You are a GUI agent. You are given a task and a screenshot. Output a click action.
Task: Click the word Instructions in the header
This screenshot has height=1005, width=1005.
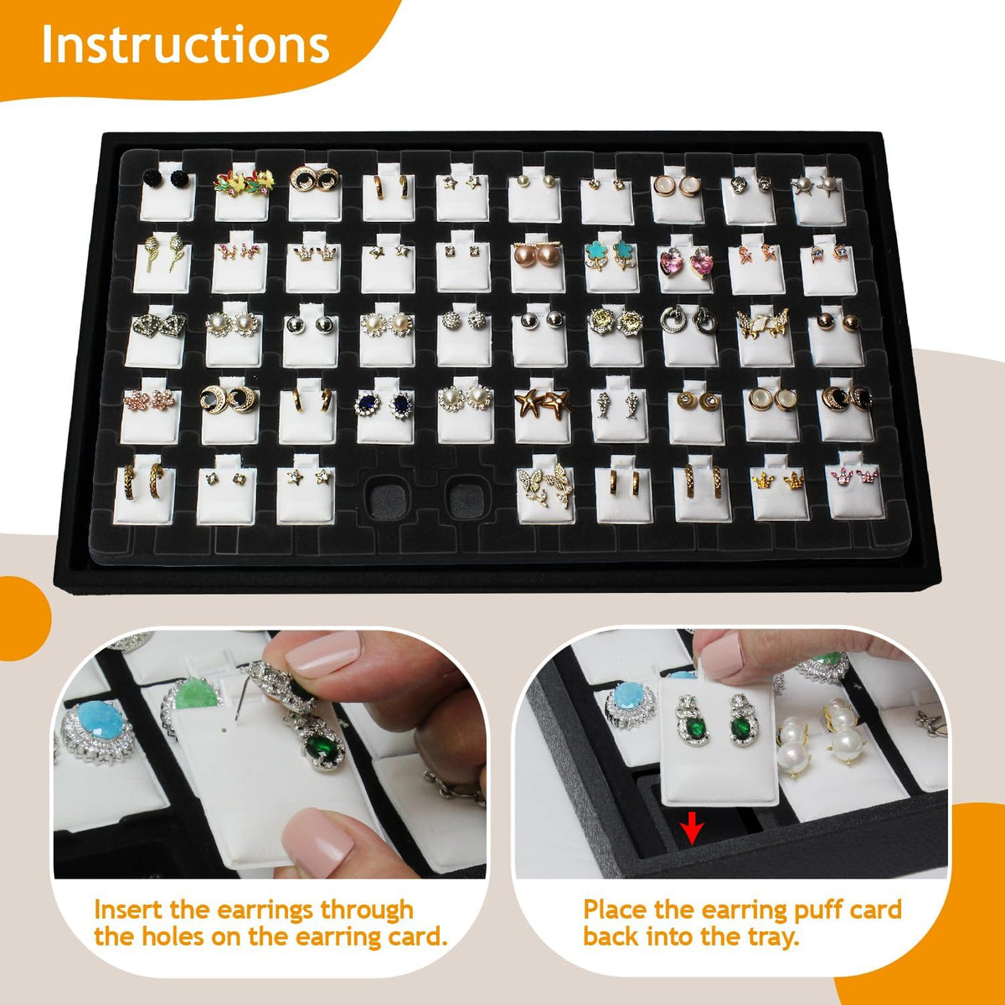coord(185,44)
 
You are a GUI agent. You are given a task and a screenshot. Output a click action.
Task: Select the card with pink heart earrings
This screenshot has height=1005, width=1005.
coord(686,263)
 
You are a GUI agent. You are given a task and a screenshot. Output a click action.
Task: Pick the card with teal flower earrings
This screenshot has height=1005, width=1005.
coord(613,261)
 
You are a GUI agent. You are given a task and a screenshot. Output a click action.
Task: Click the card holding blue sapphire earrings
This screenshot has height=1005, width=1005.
coord(386,410)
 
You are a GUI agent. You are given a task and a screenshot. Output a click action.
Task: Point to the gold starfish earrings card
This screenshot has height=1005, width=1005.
coord(543,410)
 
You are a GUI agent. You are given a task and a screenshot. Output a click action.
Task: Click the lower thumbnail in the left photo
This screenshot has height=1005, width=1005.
coord(317,841)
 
